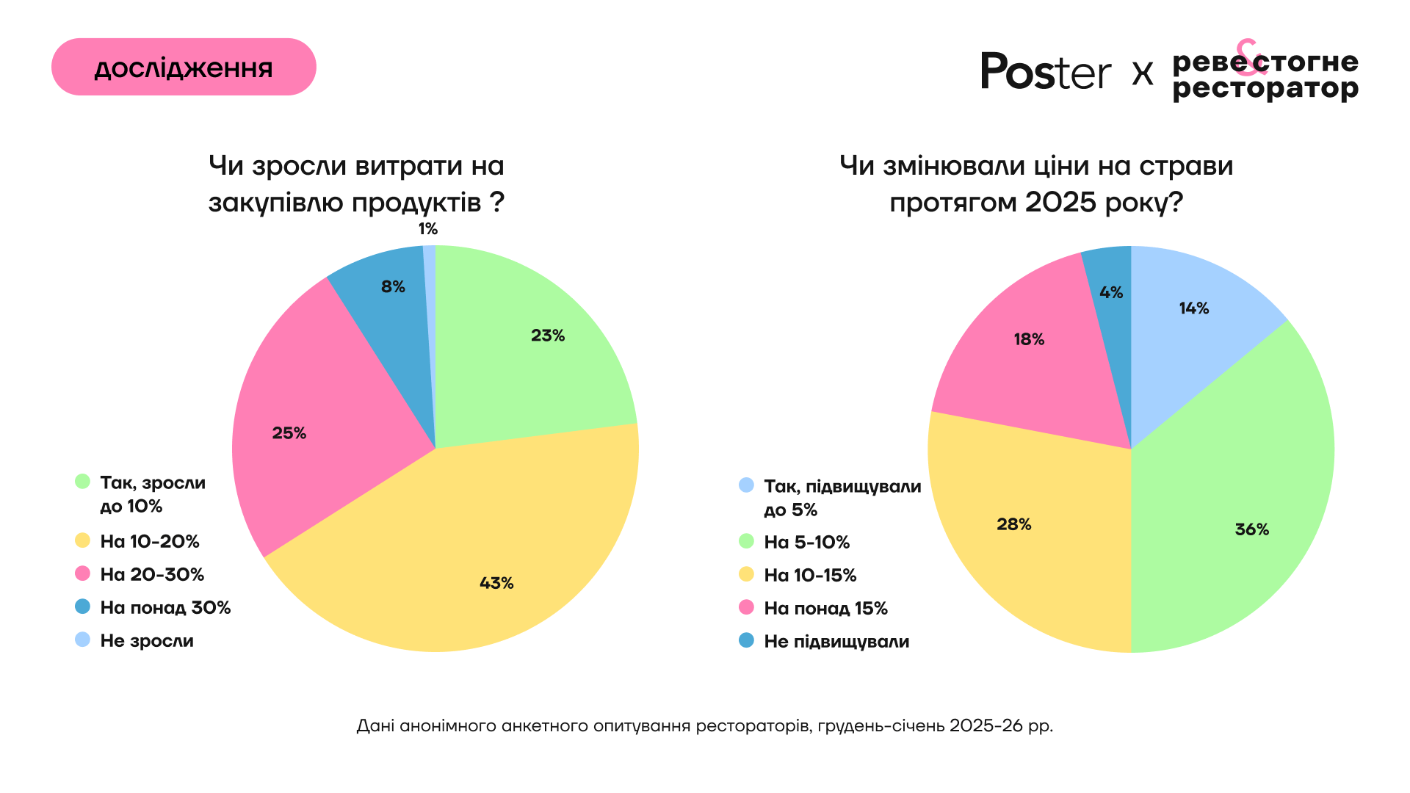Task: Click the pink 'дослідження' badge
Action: [184, 67]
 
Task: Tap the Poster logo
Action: [1046, 72]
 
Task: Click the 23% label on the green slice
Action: [548, 336]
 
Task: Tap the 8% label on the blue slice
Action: [393, 287]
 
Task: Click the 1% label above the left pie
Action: [428, 229]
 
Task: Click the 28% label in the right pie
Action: [1013, 524]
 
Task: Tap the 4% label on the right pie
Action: [1111, 293]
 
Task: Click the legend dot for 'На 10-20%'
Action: [83, 541]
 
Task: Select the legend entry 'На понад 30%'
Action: [165, 608]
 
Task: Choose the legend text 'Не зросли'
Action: [147, 641]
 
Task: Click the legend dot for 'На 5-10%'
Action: [746, 542]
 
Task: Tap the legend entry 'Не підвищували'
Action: [836, 642]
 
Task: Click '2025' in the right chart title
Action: [1061, 203]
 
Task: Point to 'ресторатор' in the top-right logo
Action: [1265, 90]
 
